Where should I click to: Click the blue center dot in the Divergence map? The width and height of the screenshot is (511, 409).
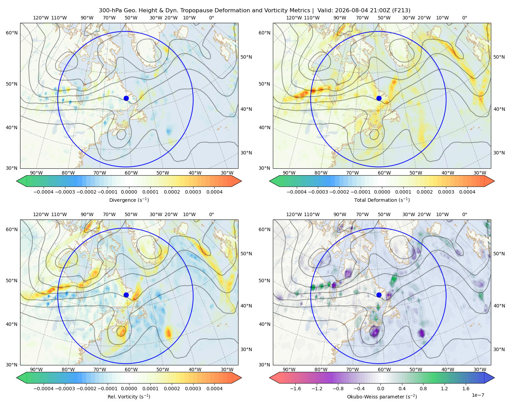pos(126,98)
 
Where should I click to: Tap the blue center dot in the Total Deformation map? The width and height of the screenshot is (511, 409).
pos(379,98)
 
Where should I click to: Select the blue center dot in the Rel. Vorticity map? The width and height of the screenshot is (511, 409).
pos(126,295)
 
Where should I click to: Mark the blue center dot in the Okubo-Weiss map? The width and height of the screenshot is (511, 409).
pos(379,295)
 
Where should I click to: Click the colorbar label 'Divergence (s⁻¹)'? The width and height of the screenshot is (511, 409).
pos(129,200)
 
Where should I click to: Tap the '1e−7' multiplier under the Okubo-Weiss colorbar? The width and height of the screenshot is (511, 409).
pos(478,395)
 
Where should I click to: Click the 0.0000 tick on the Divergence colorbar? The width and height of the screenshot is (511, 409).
pos(129,192)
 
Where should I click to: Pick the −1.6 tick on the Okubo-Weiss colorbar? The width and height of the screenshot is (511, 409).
pos(295,389)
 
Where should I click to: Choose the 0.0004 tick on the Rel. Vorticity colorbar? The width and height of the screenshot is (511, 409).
pos(214,389)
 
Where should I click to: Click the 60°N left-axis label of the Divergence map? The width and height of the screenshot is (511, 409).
pos(12,33)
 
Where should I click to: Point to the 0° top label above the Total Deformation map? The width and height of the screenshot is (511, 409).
pos(464,18)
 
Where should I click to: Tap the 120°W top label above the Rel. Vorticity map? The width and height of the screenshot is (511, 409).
pos(41,214)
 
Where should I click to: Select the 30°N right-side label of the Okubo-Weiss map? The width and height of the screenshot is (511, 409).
pos(499,349)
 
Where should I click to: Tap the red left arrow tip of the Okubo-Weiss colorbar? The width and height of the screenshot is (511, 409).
pos(270,378)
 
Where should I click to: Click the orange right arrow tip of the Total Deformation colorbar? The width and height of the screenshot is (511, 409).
pos(494,181)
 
